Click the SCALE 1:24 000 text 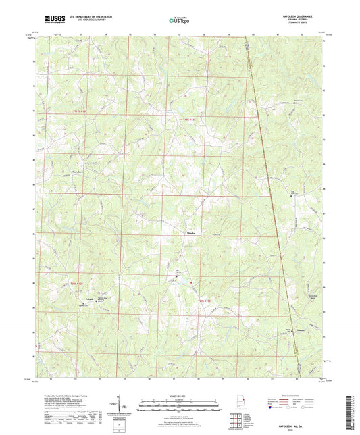pyautogui.click(x=180, y=396)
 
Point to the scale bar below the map pyautogui.click(x=180, y=407)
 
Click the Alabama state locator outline pyautogui.click(x=237, y=403)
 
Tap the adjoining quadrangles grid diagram pyautogui.click(x=236, y=420)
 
